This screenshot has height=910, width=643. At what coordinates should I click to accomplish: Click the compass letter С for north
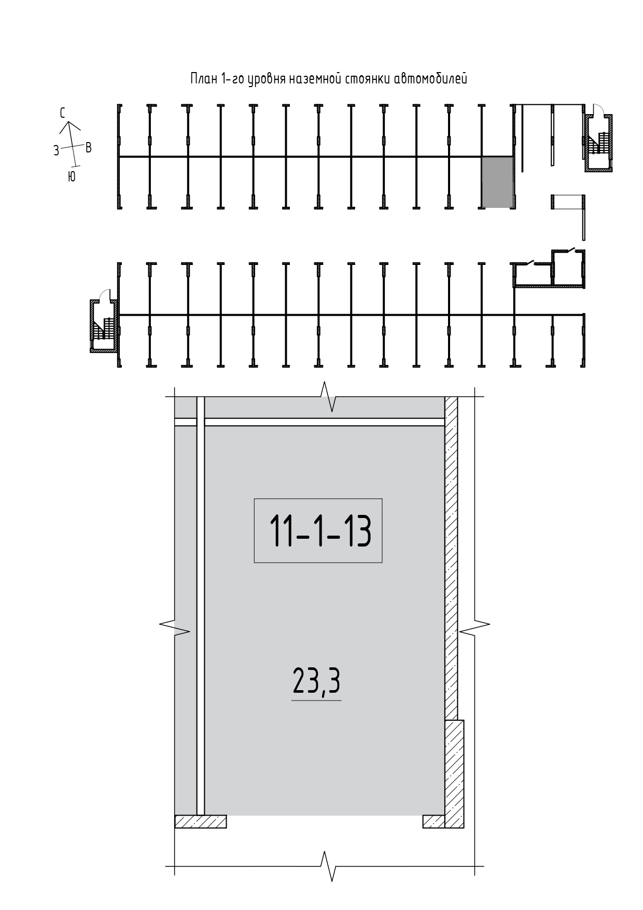point(63,113)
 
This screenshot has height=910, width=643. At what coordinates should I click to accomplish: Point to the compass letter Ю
point(72,177)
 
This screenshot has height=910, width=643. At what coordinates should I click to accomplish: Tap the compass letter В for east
point(89,148)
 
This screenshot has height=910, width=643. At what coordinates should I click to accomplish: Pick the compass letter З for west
point(56,151)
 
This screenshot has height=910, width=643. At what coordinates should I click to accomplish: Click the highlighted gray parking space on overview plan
point(498,182)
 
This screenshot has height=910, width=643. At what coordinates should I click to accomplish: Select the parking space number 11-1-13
point(320,531)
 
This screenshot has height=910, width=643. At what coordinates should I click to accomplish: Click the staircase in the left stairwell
point(104,328)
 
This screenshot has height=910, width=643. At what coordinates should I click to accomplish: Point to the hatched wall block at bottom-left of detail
point(201,821)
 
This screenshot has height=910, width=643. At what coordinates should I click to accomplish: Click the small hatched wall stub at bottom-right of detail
point(434,821)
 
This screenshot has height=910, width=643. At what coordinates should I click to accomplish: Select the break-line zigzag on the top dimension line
point(328,397)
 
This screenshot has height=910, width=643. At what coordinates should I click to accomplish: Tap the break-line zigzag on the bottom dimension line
point(328,866)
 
